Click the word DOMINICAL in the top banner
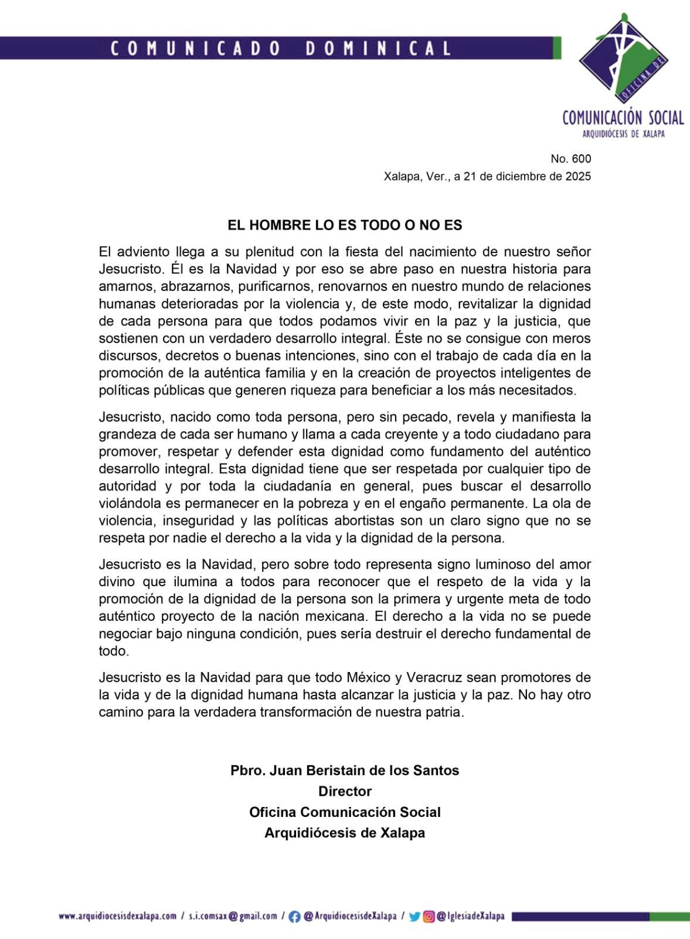pyautogui.click(x=379, y=48)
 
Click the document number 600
pyautogui.click(x=583, y=159)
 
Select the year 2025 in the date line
pyautogui.click(x=577, y=176)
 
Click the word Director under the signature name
pyautogui.click(x=345, y=791)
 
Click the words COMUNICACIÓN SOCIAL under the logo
pyautogui.click(x=623, y=118)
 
